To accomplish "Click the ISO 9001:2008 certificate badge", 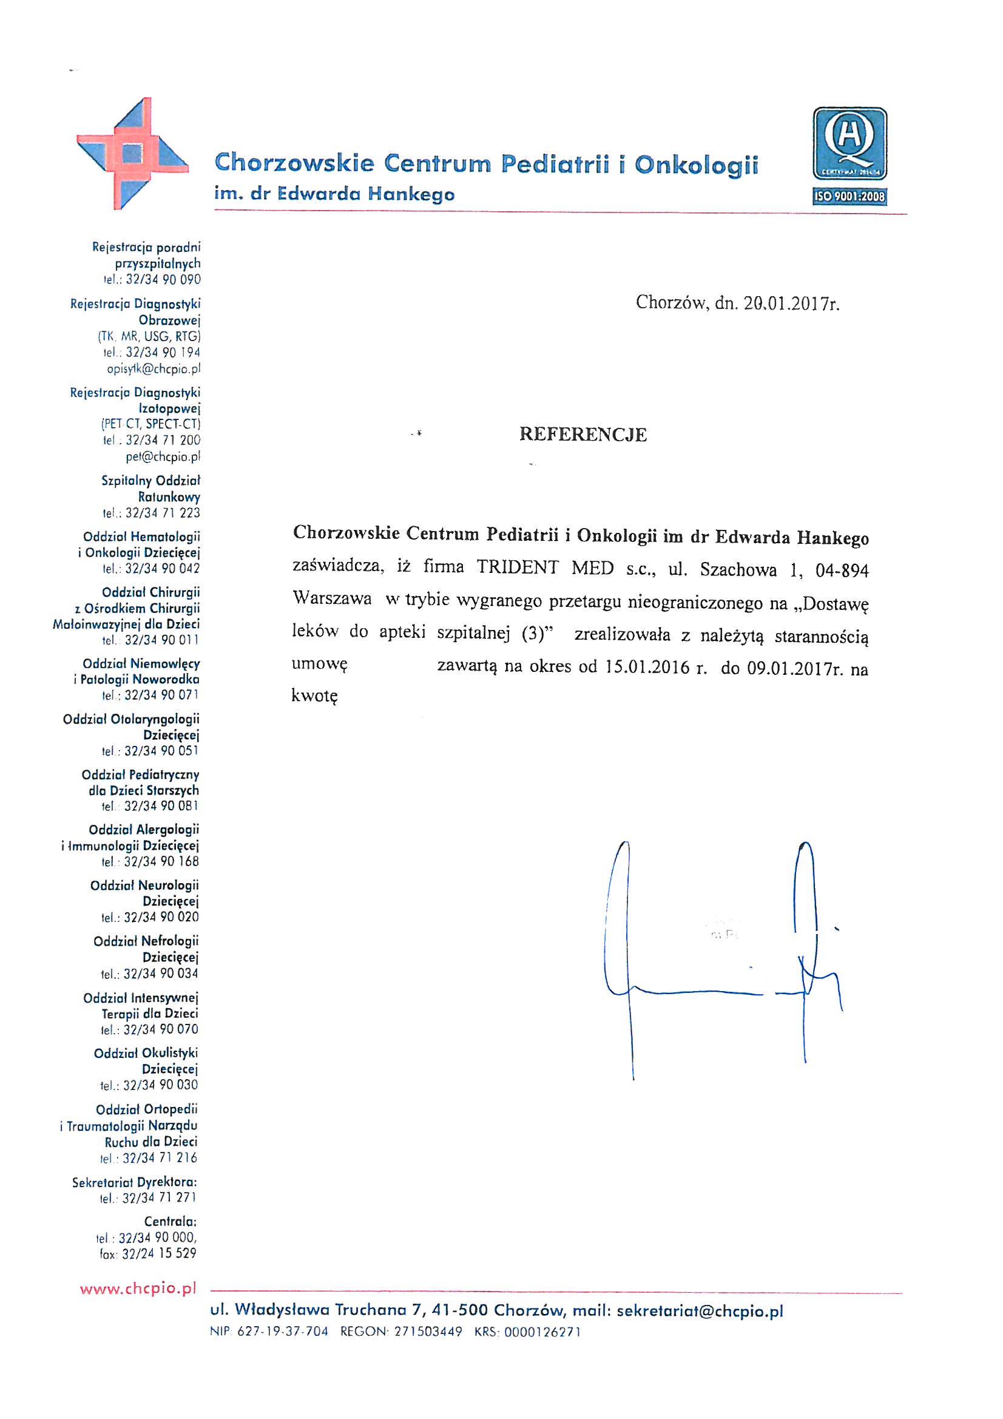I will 849,156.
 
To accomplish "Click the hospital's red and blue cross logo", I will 132,154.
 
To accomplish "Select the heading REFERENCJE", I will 583,435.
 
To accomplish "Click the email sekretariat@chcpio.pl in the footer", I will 700,1312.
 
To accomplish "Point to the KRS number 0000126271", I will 542,1332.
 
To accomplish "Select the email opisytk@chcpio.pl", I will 154,369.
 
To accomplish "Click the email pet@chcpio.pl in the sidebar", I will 163,458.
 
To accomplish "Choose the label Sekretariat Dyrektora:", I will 135,1182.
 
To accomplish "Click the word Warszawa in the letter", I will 332,600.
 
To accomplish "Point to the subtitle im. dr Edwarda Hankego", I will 334,195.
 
